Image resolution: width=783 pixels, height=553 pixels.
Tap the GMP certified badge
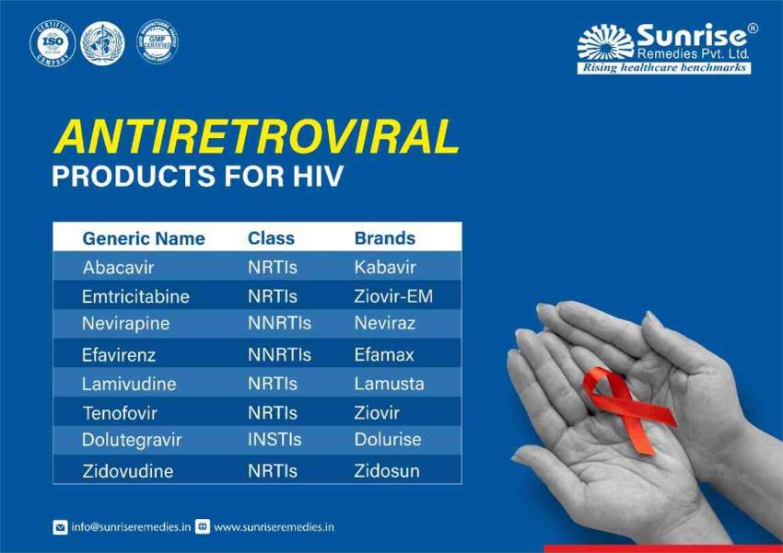click(157, 42)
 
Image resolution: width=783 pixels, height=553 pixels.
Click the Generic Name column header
click(144, 238)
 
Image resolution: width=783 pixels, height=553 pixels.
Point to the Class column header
click(271, 238)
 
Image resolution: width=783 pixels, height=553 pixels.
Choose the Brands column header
click(384, 238)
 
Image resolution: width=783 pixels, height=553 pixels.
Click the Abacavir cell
click(118, 268)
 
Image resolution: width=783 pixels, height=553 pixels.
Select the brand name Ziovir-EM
click(393, 297)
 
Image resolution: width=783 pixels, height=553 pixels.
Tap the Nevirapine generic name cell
click(127, 324)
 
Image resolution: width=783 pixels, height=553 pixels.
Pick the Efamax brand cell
click(384, 354)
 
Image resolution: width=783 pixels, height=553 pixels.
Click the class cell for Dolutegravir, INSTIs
click(274, 440)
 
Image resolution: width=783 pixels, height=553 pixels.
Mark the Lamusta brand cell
click(389, 384)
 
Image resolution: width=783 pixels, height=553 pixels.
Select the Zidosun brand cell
click(387, 471)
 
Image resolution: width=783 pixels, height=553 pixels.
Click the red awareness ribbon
click(625, 405)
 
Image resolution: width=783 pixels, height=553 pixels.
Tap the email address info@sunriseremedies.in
click(130, 527)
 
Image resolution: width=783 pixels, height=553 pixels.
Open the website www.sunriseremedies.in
click(274, 527)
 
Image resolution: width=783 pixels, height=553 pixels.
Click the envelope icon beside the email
click(60, 527)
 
